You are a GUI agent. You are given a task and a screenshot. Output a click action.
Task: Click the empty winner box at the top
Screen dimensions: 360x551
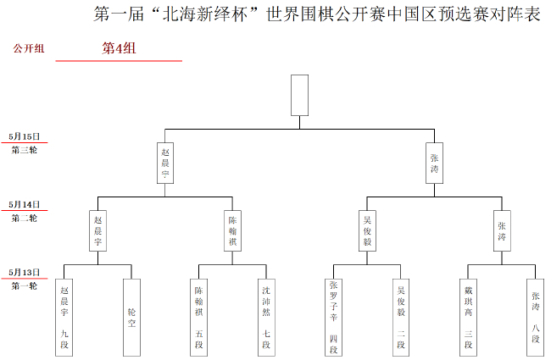coord(299,95)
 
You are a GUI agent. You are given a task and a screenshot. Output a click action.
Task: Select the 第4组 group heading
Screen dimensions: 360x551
coord(119,48)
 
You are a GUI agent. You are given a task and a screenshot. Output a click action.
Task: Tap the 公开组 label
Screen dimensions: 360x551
coord(28,48)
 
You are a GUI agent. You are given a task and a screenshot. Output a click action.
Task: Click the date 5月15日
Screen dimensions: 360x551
coord(25,136)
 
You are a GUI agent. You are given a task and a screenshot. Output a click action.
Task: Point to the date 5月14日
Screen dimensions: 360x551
coord(25,204)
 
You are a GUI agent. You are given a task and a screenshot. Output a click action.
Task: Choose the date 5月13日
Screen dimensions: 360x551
coord(25,272)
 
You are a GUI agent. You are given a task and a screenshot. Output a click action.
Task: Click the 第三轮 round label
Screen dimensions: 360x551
coord(25,150)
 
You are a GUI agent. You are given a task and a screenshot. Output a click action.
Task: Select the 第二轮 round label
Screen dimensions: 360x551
coord(25,218)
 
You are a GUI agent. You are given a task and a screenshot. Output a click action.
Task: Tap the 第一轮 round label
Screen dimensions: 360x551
coord(25,285)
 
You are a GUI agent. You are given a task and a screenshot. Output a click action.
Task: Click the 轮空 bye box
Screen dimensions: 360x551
coord(131,316)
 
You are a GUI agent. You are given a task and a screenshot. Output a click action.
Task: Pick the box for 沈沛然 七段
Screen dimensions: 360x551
coord(266,316)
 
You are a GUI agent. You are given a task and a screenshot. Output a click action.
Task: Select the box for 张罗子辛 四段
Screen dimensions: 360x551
coord(333,316)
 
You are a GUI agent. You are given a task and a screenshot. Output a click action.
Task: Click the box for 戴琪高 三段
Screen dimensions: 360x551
coord(468,316)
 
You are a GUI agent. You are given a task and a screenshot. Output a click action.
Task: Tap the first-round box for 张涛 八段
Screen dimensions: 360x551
coord(535,316)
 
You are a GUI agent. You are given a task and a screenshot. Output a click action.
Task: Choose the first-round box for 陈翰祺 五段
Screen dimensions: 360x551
coord(199,316)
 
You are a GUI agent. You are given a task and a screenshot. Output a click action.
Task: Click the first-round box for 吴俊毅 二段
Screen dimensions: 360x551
coord(401,316)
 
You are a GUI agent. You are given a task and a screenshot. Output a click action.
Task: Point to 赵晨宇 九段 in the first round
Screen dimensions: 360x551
coord(64,316)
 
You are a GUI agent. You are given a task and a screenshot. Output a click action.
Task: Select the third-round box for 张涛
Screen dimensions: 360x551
coord(434,163)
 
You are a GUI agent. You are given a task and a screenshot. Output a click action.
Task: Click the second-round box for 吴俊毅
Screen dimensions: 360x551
coord(367,230)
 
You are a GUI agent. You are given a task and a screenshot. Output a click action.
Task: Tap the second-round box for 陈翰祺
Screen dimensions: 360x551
coord(232,230)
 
